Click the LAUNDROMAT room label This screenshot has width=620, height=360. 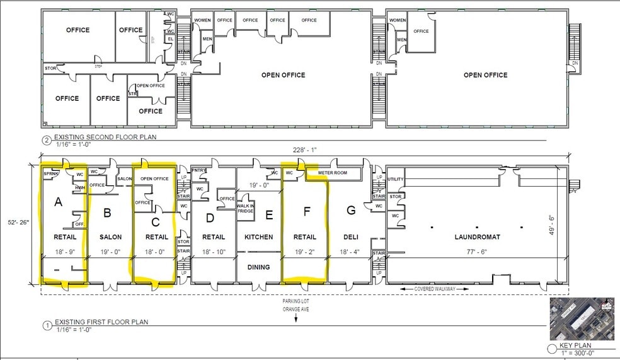tap(476, 237)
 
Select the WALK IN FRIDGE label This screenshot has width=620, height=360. tap(245, 209)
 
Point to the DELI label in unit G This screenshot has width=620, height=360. tap(351, 237)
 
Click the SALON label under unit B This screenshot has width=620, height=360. tap(110, 237)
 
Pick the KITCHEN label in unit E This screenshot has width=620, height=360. tap(258, 237)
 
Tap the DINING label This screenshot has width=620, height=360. tap(258, 267)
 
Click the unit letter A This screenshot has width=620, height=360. tap(59, 202)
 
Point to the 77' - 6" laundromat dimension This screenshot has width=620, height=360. tap(476, 252)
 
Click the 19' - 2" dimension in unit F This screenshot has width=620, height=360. tap(304, 252)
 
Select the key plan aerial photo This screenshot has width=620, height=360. tap(582, 319)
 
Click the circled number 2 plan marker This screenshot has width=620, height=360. tap(46, 141)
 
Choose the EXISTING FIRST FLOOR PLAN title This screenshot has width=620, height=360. tap(101, 322)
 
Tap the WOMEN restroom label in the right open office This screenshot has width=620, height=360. tap(398, 20)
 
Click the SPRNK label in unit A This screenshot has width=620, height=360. tap(52, 173)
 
